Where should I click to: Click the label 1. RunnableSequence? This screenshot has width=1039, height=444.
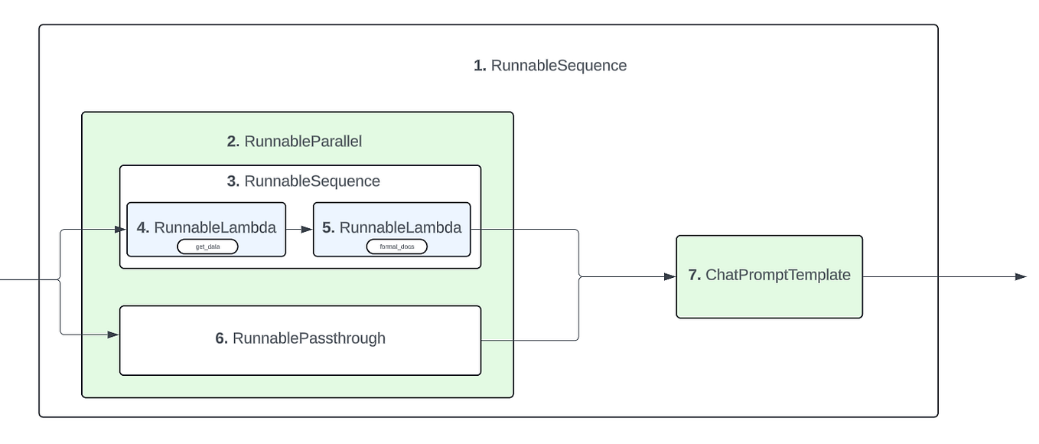pyautogui.click(x=550, y=66)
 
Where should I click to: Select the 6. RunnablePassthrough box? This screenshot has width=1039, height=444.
pyautogui.click(x=300, y=340)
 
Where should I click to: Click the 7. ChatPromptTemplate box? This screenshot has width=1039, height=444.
pyautogui.click(x=769, y=276)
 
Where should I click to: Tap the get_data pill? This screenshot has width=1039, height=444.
pyautogui.click(x=207, y=246)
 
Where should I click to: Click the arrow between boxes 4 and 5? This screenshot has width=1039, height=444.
pyautogui.click(x=299, y=228)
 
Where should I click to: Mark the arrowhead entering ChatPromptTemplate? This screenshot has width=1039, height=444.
pyautogui.click(x=670, y=276)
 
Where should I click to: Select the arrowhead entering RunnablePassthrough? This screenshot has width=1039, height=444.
pyautogui.click(x=113, y=335)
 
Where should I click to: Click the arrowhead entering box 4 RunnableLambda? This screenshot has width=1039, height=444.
pyautogui.click(x=120, y=228)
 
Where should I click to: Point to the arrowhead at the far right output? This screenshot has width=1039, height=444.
pyautogui.click(x=1021, y=276)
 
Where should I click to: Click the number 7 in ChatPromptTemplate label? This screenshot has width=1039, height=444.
pyautogui.click(x=694, y=276)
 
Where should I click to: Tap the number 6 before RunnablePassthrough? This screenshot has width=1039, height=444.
pyautogui.click(x=222, y=338)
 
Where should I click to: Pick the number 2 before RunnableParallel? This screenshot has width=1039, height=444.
pyautogui.click(x=233, y=142)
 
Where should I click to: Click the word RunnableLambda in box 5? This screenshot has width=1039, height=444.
pyautogui.click(x=400, y=228)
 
